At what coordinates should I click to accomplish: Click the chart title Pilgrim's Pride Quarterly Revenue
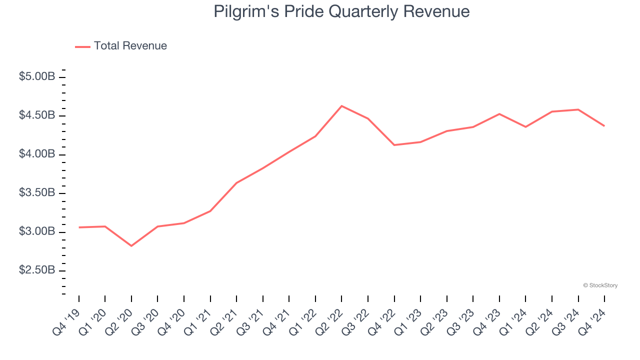(341, 11)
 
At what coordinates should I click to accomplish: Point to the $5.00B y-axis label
(37, 77)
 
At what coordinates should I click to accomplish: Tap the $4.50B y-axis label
(37, 115)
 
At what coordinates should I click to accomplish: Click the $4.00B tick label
(37, 154)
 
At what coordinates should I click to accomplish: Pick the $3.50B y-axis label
(37, 193)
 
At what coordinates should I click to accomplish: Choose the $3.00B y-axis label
(37, 231)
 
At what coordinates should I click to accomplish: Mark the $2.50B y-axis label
(37, 270)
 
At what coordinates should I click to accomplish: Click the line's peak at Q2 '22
(341, 106)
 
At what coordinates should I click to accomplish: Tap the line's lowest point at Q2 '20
(131, 246)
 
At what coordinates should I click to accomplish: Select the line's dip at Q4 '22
(394, 145)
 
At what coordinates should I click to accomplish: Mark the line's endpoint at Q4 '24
(604, 126)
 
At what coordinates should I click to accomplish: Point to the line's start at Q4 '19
(79, 227)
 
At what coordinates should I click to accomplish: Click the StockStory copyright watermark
(600, 285)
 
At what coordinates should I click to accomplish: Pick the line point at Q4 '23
(499, 114)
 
